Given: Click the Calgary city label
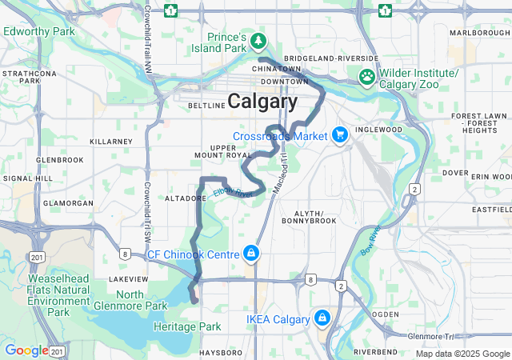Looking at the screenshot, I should pyautogui.click(x=262, y=102).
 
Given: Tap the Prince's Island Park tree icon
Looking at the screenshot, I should pyautogui.click(x=258, y=39).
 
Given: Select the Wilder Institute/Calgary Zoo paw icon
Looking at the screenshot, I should pyautogui.click(x=367, y=78).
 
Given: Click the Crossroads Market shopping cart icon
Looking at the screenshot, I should pyautogui.click(x=340, y=135).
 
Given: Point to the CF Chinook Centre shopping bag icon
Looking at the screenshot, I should pyautogui.click(x=252, y=254).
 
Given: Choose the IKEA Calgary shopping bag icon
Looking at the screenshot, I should pyautogui.click(x=322, y=319).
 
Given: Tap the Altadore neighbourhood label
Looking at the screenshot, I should pyautogui.click(x=186, y=197).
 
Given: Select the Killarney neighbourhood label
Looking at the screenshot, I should pyautogui.click(x=110, y=141).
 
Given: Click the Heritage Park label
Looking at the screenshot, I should pyautogui.click(x=188, y=326).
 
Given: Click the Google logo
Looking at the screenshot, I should pyautogui.click(x=26, y=350).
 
